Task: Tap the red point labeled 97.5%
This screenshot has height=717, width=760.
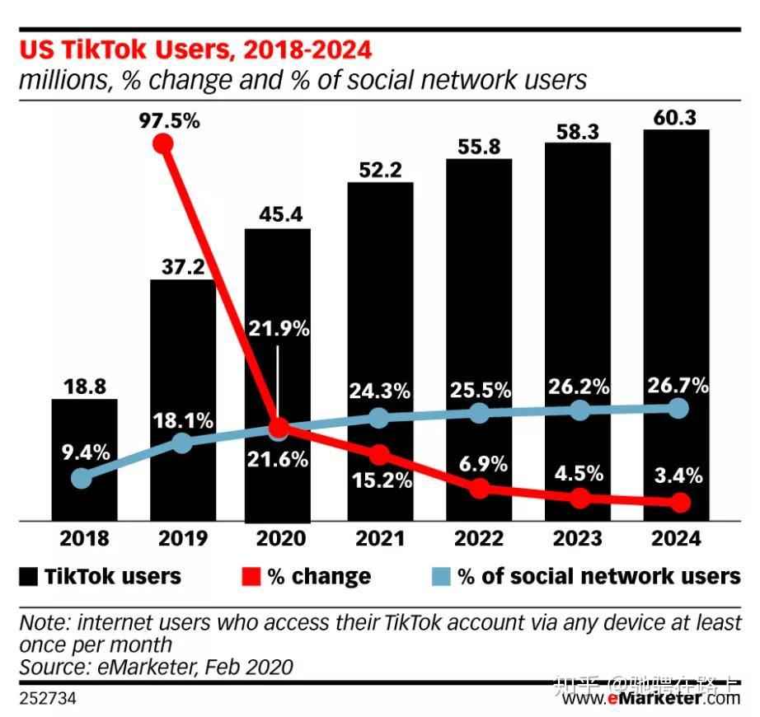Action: coord(164,144)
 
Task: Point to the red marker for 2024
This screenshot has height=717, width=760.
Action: coord(680,502)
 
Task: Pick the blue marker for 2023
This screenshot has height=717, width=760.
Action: coord(580,410)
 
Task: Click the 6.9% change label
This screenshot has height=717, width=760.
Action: coord(480,464)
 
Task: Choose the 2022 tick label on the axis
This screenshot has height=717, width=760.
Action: coord(480,539)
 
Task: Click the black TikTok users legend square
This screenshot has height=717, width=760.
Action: coord(29,576)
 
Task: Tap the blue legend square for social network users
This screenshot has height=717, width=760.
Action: coord(441,576)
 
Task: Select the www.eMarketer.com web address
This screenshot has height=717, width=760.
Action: coord(652,698)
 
